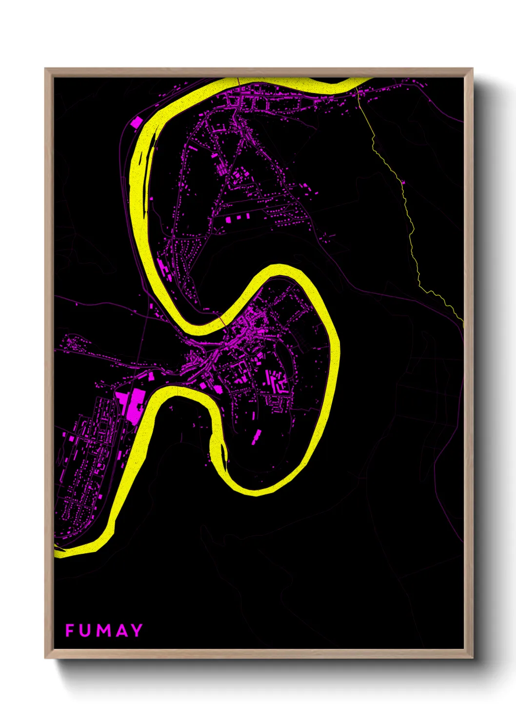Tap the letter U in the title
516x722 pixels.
click(86, 630)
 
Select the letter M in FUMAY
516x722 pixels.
click(103, 630)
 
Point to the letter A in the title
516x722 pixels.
click(121, 630)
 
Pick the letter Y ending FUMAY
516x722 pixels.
click(136, 630)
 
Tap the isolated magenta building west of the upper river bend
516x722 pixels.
click(136, 121)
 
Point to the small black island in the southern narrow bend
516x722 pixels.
click(225, 456)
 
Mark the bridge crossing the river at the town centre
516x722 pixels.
click(222, 321)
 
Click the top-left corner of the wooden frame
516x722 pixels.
click(45, 69)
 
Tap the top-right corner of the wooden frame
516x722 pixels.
click(472, 69)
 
